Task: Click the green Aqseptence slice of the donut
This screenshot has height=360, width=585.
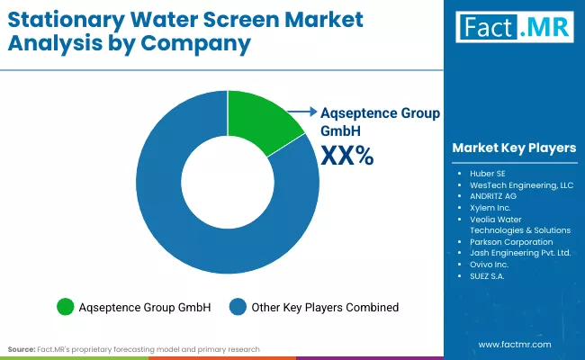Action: point(261,117)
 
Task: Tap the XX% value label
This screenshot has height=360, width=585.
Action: point(346,156)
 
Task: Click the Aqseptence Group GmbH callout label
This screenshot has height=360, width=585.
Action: point(380,121)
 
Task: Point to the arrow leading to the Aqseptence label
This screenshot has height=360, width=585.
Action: point(302,112)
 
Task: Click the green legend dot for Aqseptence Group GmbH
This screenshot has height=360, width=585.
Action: point(66,307)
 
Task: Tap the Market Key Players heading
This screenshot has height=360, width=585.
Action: point(513,147)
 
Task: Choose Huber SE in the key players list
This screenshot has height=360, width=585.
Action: point(487,172)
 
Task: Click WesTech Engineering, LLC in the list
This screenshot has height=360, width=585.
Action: point(515,184)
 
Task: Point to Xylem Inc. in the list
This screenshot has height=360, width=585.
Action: point(489,207)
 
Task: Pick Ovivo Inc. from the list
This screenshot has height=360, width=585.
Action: point(489,265)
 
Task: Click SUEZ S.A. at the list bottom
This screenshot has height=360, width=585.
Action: point(489,276)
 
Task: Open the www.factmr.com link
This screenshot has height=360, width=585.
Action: point(515,345)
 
